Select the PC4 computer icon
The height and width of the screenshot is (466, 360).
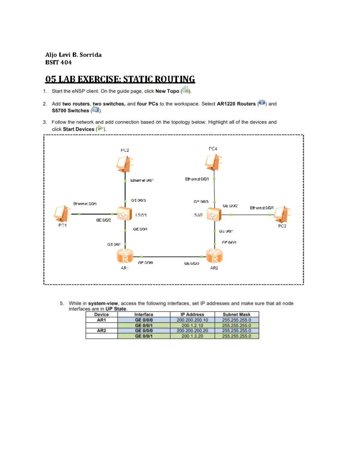coord(214,162)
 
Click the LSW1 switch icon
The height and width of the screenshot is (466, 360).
coord(125,214)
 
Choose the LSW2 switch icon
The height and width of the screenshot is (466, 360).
coord(214,215)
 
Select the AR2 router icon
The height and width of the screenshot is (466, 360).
coord(214,256)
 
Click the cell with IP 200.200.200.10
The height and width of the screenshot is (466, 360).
coord(192,320)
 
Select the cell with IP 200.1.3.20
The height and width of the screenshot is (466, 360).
coord(192,336)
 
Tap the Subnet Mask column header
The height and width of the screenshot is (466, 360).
coord(236,314)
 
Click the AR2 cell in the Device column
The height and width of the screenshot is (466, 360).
coord(101,331)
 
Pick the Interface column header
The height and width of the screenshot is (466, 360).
coord(144,314)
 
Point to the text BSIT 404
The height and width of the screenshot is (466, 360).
coord(58,62)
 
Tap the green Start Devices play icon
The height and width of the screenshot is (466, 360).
coord(100,129)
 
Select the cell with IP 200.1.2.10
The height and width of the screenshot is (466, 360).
coord(192,325)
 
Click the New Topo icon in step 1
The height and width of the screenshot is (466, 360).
coord(185,90)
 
